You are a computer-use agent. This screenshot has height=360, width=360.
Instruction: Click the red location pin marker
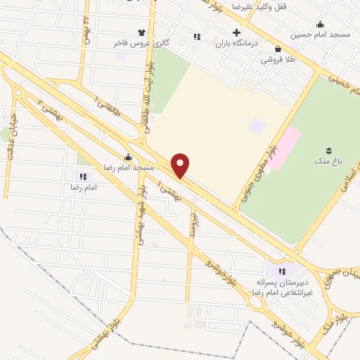pyautogui.click(x=181, y=166)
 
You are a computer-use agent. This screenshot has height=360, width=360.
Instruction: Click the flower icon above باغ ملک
pyautogui.click(x=328, y=150)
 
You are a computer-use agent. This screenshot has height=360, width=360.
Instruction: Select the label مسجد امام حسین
pyautogui.click(x=320, y=34)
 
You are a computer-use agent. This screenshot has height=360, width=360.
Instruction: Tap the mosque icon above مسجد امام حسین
pyautogui.click(x=321, y=23)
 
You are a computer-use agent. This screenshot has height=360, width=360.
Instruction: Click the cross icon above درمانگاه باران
pyautogui.click(x=236, y=32)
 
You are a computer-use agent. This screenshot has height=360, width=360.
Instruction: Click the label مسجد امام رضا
pyautogui.click(x=129, y=169)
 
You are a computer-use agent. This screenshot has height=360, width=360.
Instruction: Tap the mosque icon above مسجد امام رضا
pyautogui.click(x=128, y=158)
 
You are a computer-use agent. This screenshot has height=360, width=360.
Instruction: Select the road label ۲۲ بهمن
pyautogui.click(x=86, y=28)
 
